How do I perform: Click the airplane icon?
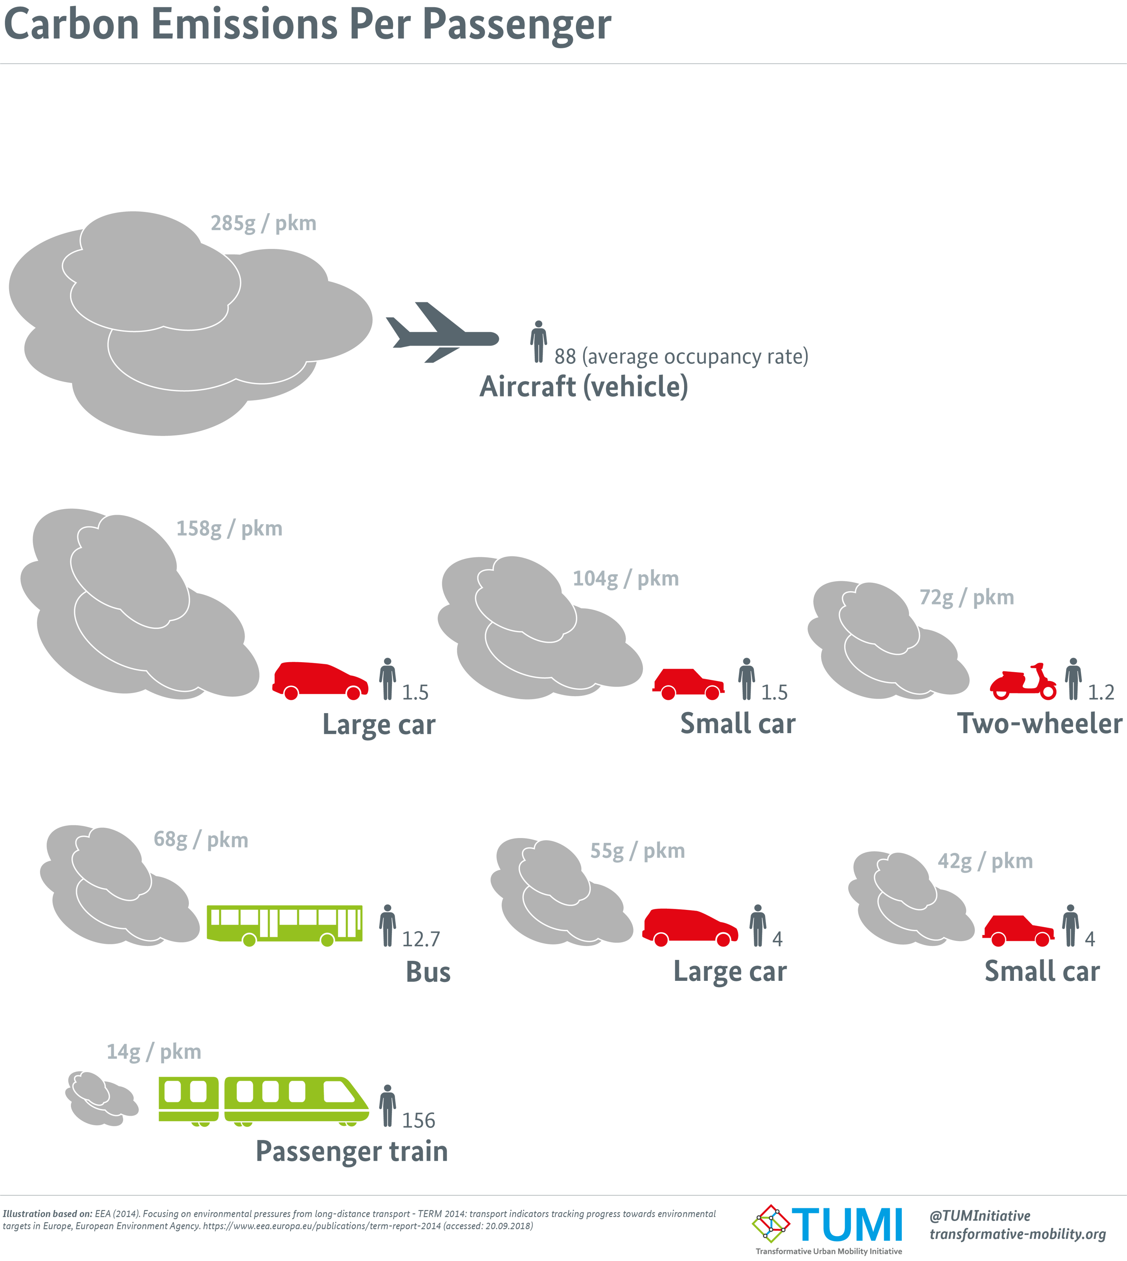442,333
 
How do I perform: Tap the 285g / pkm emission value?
263,224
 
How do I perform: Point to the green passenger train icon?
264,1101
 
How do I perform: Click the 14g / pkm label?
153,1052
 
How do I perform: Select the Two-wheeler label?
1040,723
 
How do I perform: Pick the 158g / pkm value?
229,529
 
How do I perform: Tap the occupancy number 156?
418,1120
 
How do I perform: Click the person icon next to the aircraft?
539,341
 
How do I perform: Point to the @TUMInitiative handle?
980,1216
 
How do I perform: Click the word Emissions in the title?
244,25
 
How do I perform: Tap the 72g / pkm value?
967,598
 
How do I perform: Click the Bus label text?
428,972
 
